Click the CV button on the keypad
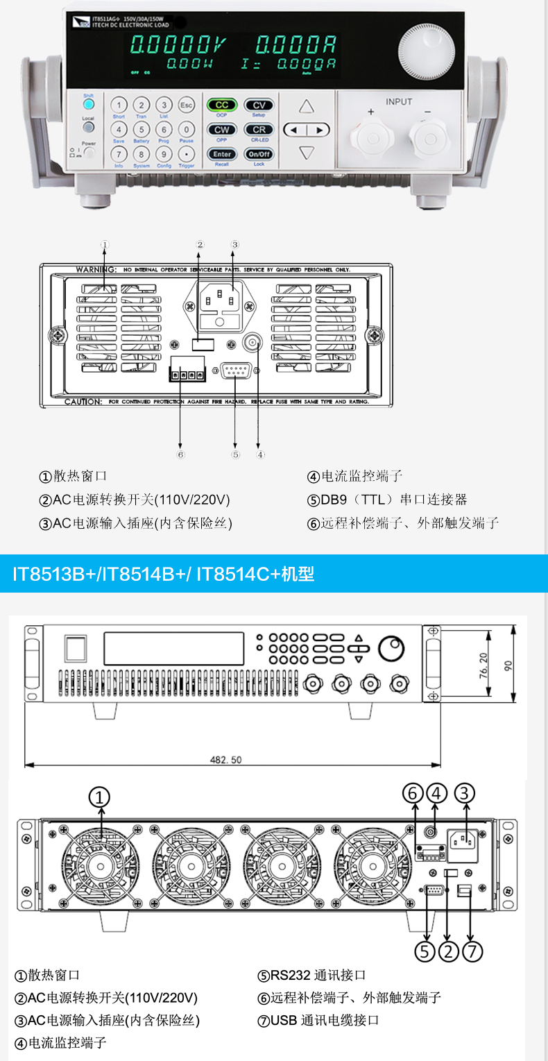pos(259,105)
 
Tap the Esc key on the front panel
pos(186,105)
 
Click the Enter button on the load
pos(222,154)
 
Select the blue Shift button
pos(88,105)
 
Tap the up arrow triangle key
pos(307,106)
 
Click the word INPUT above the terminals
pos(399,102)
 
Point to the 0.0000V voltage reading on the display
pos(178,46)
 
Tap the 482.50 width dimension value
pos(226,760)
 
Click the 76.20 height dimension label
pos(483,667)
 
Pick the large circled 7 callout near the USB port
pos(472,951)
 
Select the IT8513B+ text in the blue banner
pos(51,574)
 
